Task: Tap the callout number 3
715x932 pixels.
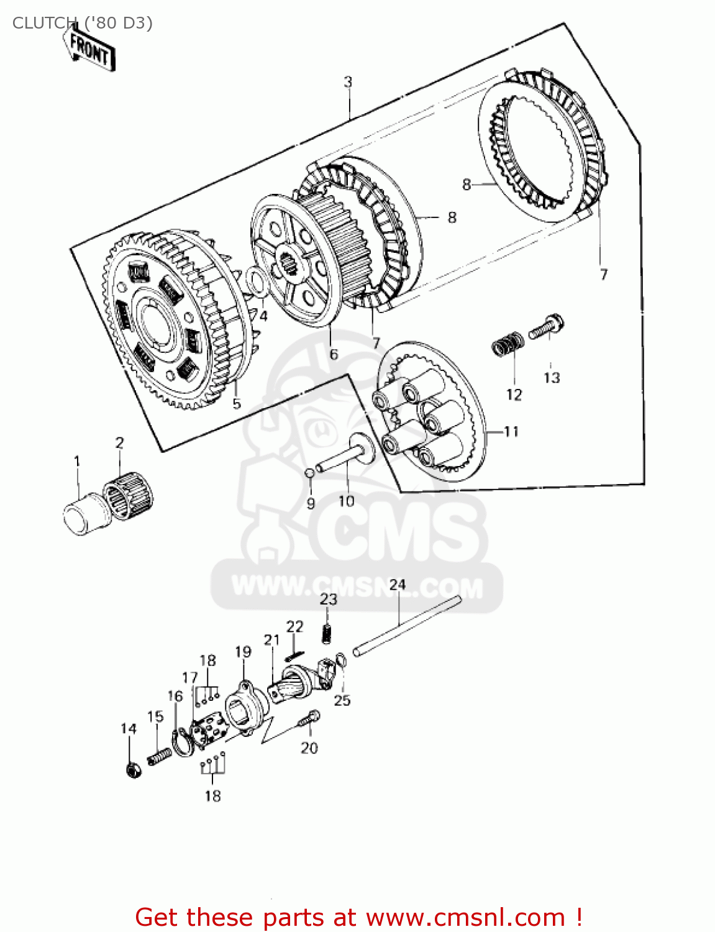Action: click(348, 81)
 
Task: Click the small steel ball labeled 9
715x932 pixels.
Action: click(309, 474)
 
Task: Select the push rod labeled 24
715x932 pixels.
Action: click(407, 625)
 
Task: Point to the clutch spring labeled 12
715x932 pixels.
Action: click(508, 344)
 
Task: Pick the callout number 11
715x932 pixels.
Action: click(511, 431)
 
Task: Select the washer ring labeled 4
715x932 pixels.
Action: click(256, 281)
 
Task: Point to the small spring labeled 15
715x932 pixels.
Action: click(159, 756)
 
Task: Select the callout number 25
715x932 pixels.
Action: click(342, 700)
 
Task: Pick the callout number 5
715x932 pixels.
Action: click(237, 403)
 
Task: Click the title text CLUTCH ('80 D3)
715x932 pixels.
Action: click(82, 23)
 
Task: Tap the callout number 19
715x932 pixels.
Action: click(243, 652)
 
